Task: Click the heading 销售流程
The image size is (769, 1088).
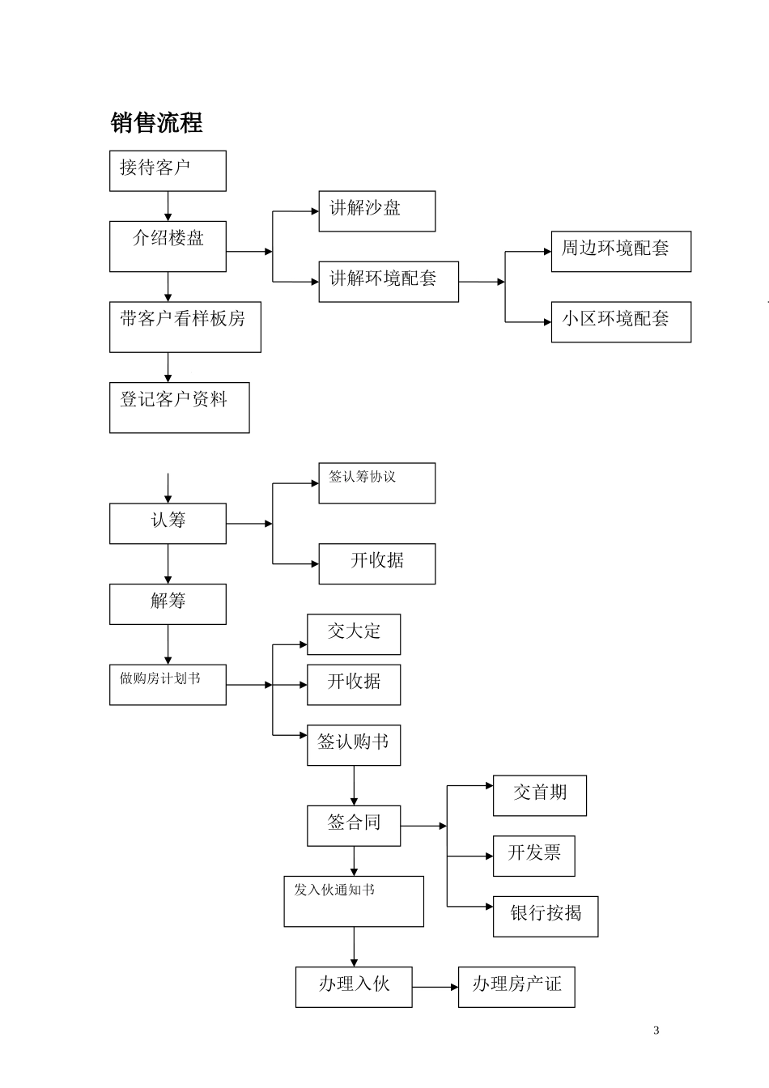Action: pos(156,123)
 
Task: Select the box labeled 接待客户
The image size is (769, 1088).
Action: pos(168,171)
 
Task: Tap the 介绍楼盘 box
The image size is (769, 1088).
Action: pos(168,247)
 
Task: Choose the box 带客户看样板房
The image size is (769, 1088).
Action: pos(185,327)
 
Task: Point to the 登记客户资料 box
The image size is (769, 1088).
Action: pos(179,407)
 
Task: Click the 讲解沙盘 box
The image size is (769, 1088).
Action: pos(376,211)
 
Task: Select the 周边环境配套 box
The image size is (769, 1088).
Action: pos(621,251)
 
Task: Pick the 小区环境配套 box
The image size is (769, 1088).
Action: pos(621,321)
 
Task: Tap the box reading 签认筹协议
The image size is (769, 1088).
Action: pos(376,483)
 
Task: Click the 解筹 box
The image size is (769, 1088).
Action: pos(168,604)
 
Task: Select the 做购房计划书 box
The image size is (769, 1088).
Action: pos(168,685)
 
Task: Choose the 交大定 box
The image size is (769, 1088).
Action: pos(354,634)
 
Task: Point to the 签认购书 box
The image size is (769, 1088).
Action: pos(354,745)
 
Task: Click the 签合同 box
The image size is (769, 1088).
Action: pos(354,826)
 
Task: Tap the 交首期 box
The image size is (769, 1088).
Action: pos(539,796)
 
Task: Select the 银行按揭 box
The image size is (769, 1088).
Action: pos(546,916)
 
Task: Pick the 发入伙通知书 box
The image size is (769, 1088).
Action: pos(354,901)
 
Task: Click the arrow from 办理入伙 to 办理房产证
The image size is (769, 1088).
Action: pos(435,987)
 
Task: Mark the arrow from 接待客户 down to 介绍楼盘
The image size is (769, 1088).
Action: pos(168,206)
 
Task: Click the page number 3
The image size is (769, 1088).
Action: pos(656,1031)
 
